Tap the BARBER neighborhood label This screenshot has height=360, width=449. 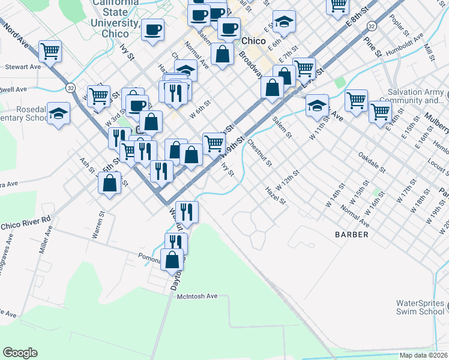(x=352, y=235)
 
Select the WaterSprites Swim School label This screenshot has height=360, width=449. (x=420, y=307)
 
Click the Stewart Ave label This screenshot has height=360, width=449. (x=22, y=67)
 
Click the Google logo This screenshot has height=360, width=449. (x=20, y=353)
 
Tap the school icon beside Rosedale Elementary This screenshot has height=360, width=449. (x=58, y=112)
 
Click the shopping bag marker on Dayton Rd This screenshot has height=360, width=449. (x=173, y=260)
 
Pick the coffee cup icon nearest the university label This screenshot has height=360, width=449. (x=153, y=29)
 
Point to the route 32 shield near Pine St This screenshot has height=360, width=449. (x=372, y=26)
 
